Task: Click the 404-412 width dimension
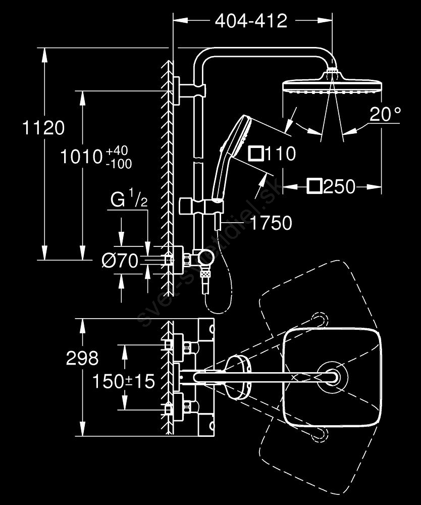point(251,21)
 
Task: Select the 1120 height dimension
point(43,128)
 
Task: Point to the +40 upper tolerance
point(118,150)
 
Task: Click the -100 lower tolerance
point(119,164)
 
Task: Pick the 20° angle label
point(385,115)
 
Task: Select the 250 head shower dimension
point(339,187)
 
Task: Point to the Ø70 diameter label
point(120,261)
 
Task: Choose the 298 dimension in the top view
point(82,358)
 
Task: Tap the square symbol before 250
point(314,187)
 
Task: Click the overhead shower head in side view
point(331,85)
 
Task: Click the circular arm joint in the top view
point(333,377)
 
